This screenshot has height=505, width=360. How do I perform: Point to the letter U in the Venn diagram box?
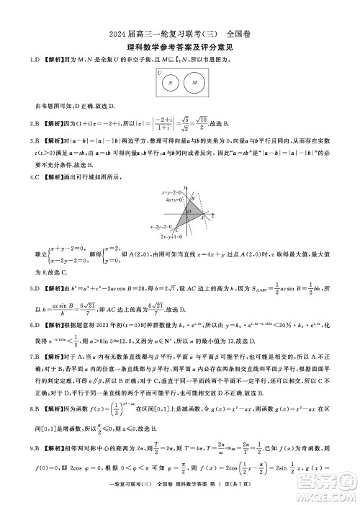pyautogui.click(x=159, y=73)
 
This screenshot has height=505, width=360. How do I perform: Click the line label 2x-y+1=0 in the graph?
pyautogui.click(x=172, y=236)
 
